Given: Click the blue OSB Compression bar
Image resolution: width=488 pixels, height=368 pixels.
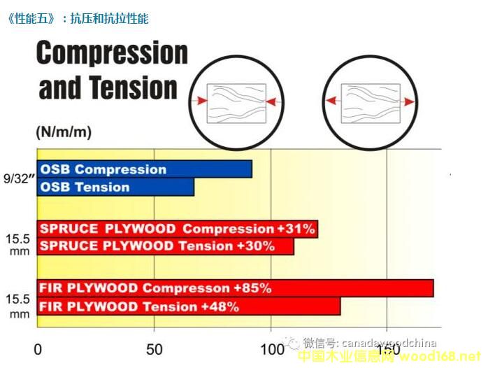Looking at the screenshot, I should (144, 169).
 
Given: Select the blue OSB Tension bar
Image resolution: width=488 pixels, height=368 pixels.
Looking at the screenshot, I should (115, 187).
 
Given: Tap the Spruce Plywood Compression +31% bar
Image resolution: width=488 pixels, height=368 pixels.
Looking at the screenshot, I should (178, 229).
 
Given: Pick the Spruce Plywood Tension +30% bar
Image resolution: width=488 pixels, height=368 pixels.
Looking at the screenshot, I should (166, 246).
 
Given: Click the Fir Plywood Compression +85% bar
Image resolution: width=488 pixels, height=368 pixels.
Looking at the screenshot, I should (235, 288).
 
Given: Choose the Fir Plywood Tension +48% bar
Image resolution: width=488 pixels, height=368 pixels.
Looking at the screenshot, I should (189, 306).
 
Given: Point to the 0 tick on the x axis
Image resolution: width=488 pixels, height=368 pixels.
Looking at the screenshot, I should (38, 349).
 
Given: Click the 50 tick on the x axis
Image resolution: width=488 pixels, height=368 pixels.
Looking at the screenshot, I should (154, 349).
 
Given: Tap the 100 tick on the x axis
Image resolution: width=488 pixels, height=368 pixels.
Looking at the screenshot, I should (270, 349).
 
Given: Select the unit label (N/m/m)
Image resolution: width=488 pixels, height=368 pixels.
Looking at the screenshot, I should (63, 132).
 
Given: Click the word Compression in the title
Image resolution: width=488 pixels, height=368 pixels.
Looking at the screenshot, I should (113, 53).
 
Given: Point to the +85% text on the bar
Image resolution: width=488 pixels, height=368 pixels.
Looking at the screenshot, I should (252, 288).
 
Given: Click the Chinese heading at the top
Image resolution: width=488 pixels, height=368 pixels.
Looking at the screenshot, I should (77, 19).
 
